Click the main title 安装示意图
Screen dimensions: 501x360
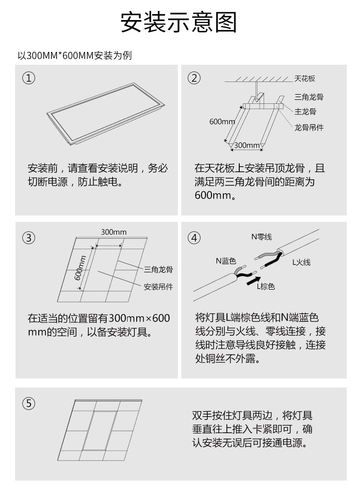click(179, 23)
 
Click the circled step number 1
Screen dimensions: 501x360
click(29, 78)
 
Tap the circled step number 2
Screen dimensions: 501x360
click(194, 78)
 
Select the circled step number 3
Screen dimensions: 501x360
click(29, 238)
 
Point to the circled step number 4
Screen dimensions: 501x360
click(194, 238)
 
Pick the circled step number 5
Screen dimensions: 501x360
click(29, 403)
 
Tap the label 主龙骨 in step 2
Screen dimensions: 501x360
click(305, 111)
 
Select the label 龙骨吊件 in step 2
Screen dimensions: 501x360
click(309, 128)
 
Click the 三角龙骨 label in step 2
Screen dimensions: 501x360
click(309, 97)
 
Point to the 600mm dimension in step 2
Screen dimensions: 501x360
click(222, 122)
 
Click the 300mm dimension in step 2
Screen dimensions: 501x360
click(247, 145)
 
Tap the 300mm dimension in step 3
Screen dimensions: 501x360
click(113, 232)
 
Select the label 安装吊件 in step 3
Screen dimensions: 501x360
click(158, 287)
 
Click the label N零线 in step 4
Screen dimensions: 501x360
click(261, 237)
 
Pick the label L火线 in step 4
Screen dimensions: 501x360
click(301, 262)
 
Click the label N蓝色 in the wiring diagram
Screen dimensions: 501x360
click(226, 261)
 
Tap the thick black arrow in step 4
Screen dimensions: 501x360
click(254, 280)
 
